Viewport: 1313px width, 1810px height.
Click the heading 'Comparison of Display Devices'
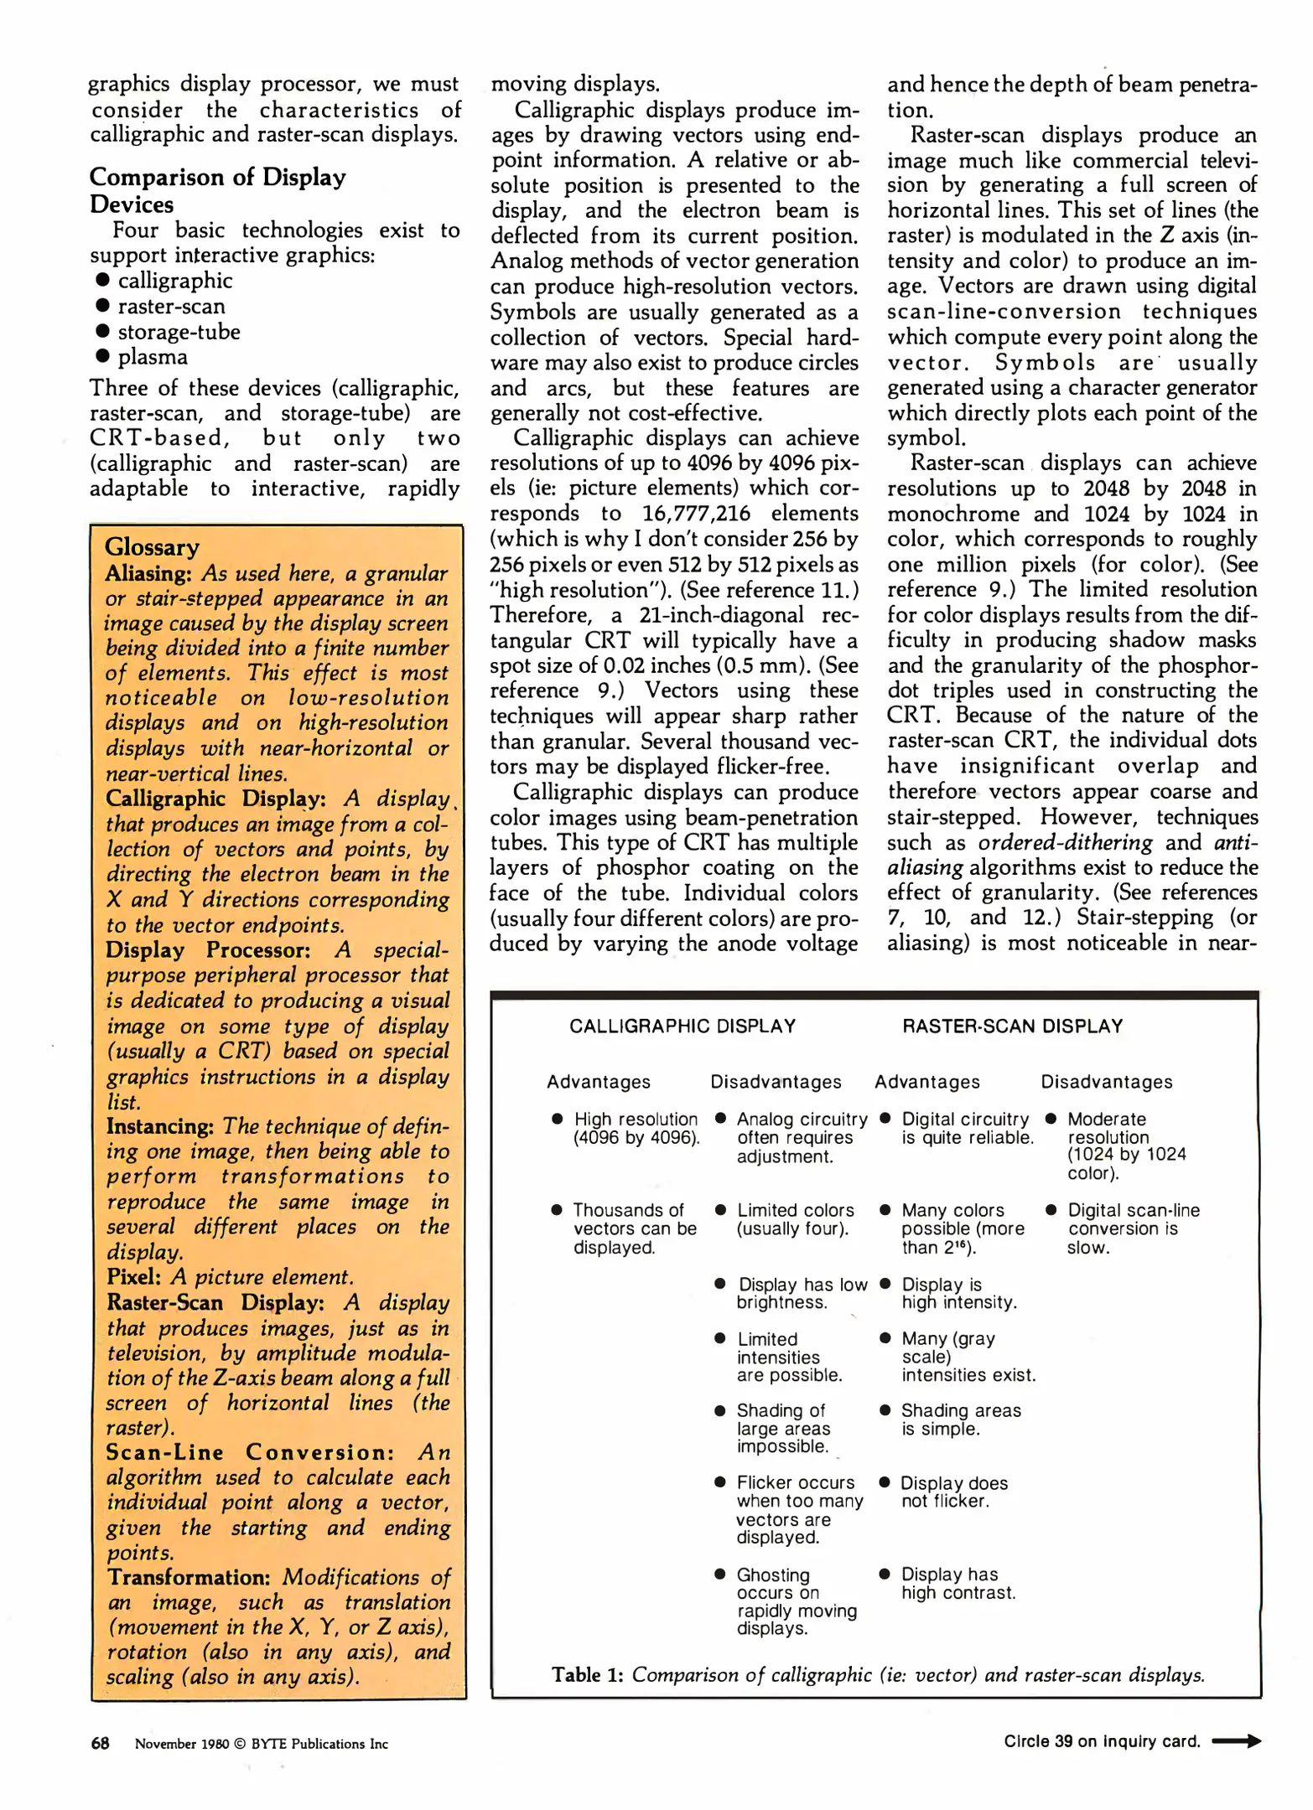[217, 190]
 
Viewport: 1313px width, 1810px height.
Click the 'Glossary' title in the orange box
[152, 547]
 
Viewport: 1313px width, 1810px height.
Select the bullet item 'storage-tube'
[179, 332]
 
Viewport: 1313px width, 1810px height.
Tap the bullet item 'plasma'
[153, 357]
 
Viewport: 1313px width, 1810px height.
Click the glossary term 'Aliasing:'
[148, 573]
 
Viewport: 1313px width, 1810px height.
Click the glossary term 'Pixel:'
[133, 1276]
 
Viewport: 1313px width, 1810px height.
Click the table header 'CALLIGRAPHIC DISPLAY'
[682, 1027]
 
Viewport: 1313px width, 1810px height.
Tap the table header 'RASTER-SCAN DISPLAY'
[1012, 1027]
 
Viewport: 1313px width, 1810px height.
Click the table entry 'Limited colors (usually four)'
[795, 1219]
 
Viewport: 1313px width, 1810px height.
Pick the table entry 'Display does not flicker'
[953, 1492]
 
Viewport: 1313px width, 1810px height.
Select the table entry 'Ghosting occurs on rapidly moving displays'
[796, 1601]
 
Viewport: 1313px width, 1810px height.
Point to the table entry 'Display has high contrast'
[958, 1583]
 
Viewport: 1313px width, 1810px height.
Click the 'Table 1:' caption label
[587, 1675]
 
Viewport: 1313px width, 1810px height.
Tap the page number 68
[100, 1743]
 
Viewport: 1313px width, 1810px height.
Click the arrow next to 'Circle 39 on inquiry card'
[1236, 1741]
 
